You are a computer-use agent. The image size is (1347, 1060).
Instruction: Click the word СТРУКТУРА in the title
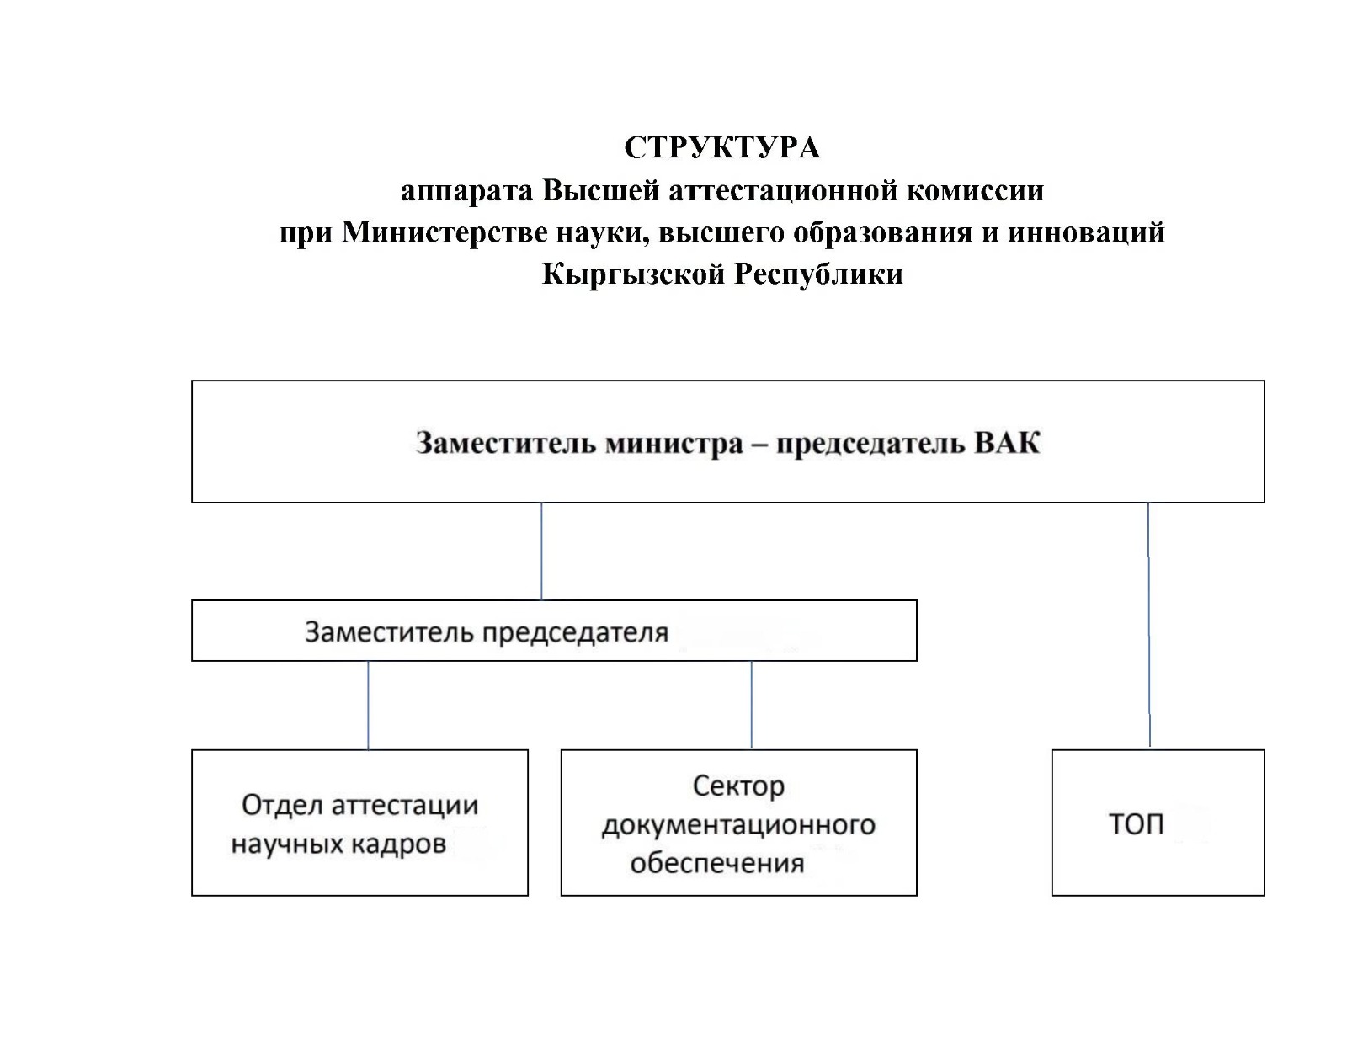point(721,148)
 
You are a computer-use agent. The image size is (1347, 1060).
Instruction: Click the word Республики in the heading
point(818,274)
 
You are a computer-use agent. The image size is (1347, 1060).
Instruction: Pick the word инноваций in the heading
point(1086,232)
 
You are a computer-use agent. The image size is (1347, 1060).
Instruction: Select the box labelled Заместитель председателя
point(553,631)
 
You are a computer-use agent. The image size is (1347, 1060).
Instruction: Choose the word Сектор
point(738,786)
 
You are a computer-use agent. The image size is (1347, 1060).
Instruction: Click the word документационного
point(738,825)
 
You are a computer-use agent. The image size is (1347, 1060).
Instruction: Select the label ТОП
point(1136,823)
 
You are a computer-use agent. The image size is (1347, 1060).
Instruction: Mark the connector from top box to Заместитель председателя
point(541,551)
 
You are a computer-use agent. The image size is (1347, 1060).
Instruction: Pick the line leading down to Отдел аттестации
point(368,705)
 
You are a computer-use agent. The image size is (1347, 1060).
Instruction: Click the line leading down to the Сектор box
point(751,705)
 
